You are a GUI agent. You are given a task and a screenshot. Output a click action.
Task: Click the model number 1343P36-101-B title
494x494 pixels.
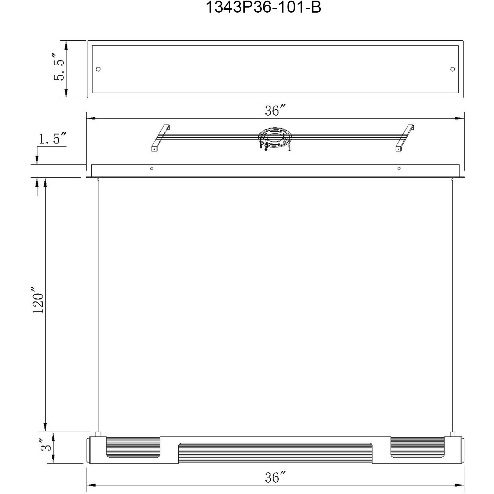point(263,7)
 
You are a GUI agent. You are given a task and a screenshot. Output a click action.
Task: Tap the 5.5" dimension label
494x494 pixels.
point(59,69)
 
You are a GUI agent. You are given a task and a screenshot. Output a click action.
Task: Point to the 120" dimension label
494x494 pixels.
point(38,300)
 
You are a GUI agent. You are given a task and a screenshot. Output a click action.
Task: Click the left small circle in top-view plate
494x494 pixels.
point(98,69)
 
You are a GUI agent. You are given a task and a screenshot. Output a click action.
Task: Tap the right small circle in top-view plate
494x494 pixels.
point(453,69)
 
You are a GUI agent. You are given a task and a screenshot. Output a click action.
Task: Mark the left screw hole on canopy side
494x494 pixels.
point(152,169)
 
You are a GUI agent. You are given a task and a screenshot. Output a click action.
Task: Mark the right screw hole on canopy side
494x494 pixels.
point(399,169)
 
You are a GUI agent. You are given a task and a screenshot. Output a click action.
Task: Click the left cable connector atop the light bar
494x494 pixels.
point(98,434)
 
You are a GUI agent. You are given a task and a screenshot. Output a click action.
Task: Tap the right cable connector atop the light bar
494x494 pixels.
point(453,434)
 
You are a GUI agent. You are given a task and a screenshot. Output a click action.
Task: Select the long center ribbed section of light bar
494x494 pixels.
point(275,453)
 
